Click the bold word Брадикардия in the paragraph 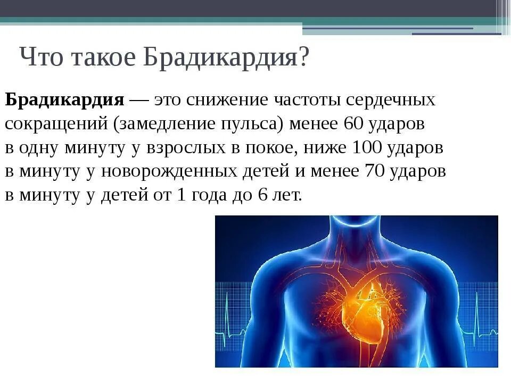click(65, 99)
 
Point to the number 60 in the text click(353, 123)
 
